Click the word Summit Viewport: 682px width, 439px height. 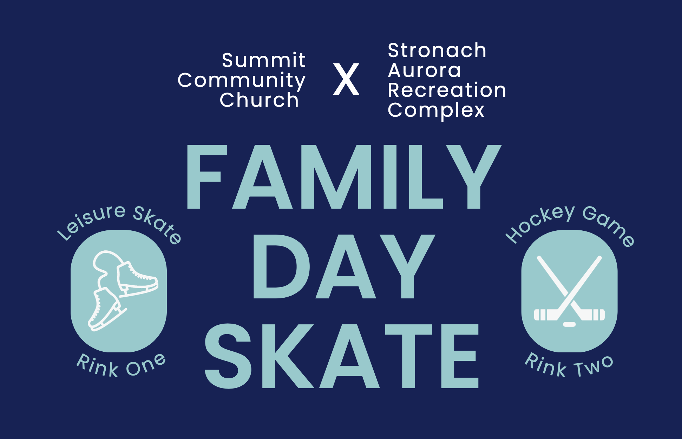coord(264,60)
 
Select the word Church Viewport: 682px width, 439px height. coord(259,100)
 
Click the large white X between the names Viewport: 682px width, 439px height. coord(346,79)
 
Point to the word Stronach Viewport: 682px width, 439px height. coord(437,50)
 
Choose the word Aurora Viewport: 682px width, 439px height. coord(424,70)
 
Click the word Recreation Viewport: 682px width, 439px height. coord(447,90)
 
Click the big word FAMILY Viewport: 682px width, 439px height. coord(344,177)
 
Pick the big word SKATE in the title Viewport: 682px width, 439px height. coord(342,356)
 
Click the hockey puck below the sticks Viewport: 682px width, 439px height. coord(569,324)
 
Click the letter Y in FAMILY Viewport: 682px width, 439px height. coord(474,177)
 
